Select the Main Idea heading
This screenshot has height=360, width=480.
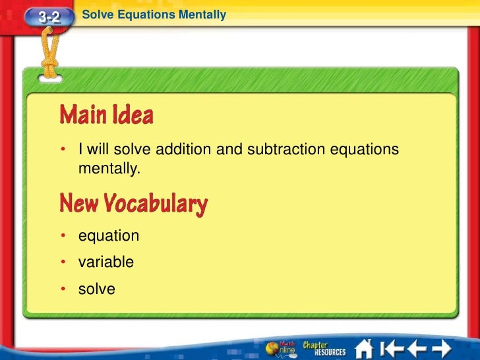click(x=106, y=116)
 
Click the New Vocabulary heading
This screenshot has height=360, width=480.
click(x=133, y=204)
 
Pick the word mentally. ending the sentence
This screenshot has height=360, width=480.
click(x=109, y=168)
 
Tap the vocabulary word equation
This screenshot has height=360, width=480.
click(x=109, y=236)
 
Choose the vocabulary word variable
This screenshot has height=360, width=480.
click(x=106, y=262)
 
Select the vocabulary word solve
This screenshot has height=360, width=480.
click(x=97, y=289)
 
